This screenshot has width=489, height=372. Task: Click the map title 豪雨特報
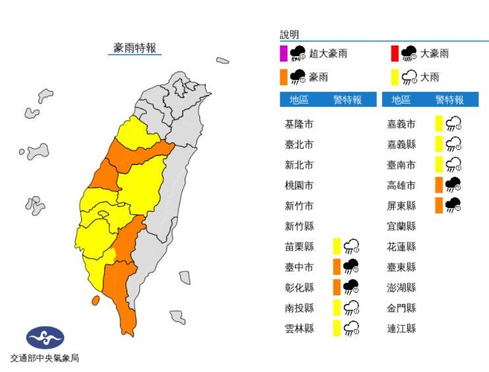pyautogui.click(x=135, y=48)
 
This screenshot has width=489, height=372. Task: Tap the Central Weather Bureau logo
pyautogui.click(x=45, y=338)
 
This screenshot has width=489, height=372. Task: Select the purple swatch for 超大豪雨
pyautogui.click(x=283, y=54)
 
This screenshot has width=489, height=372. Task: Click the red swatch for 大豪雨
pyautogui.click(x=395, y=54)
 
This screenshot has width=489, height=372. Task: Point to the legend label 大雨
pyautogui.click(x=430, y=77)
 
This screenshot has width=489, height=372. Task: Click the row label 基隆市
pyautogui.click(x=299, y=124)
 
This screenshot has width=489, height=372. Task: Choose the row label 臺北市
pyautogui.click(x=299, y=145)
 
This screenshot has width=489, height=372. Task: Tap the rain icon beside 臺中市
pyautogui.click(x=350, y=267)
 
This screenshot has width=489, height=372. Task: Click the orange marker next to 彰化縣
pyautogui.click(x=337, y=287)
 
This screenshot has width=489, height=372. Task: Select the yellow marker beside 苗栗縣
pyautogui.click(x=337, y=246)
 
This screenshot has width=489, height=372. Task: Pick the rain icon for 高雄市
pyautogui.click(x=453, y=185)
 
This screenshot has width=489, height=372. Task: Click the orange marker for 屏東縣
pyautogui.click(x=439, y=205)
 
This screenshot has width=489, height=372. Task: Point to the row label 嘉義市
pyautogui.click(x=402, y=124)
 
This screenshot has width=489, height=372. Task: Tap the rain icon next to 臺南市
pyautogui.click(x=453, y=165)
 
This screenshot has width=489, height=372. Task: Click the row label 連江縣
pyautogui.click(x=402, y=328)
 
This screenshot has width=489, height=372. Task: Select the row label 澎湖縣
pyautogui.click(x=402, y=287)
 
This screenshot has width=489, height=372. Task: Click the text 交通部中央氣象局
pyautogui.click(x=45, y=359)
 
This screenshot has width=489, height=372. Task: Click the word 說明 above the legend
pyautogui.click(x=289, y=34)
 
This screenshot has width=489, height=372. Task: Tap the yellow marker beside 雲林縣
pyautogui.click(x=337, y=328)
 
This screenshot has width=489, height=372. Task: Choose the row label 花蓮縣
pyautogui.click(x=402, y=246)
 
